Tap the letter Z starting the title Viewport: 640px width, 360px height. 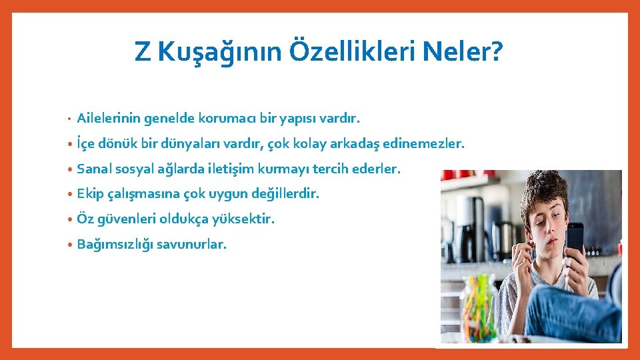(142, 51)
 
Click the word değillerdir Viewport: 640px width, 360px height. (285, 194)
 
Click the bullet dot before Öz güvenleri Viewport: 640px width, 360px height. (70, 219)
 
